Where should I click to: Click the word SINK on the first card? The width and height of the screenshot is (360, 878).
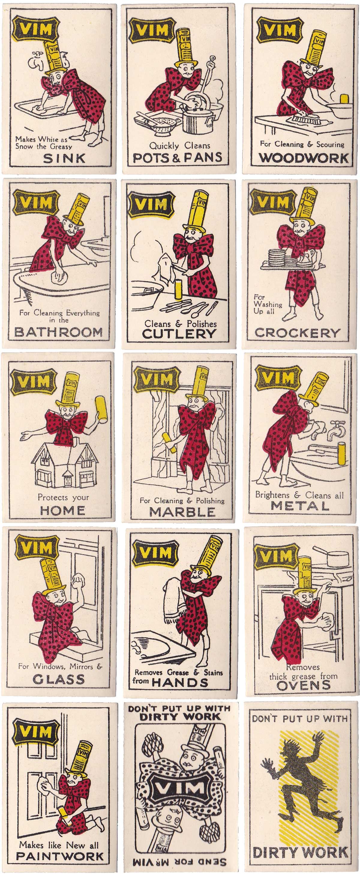coord(64,158)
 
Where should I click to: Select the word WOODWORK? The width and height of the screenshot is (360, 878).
coord(303,158)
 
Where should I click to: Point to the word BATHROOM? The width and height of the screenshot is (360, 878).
coord(58,332)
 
